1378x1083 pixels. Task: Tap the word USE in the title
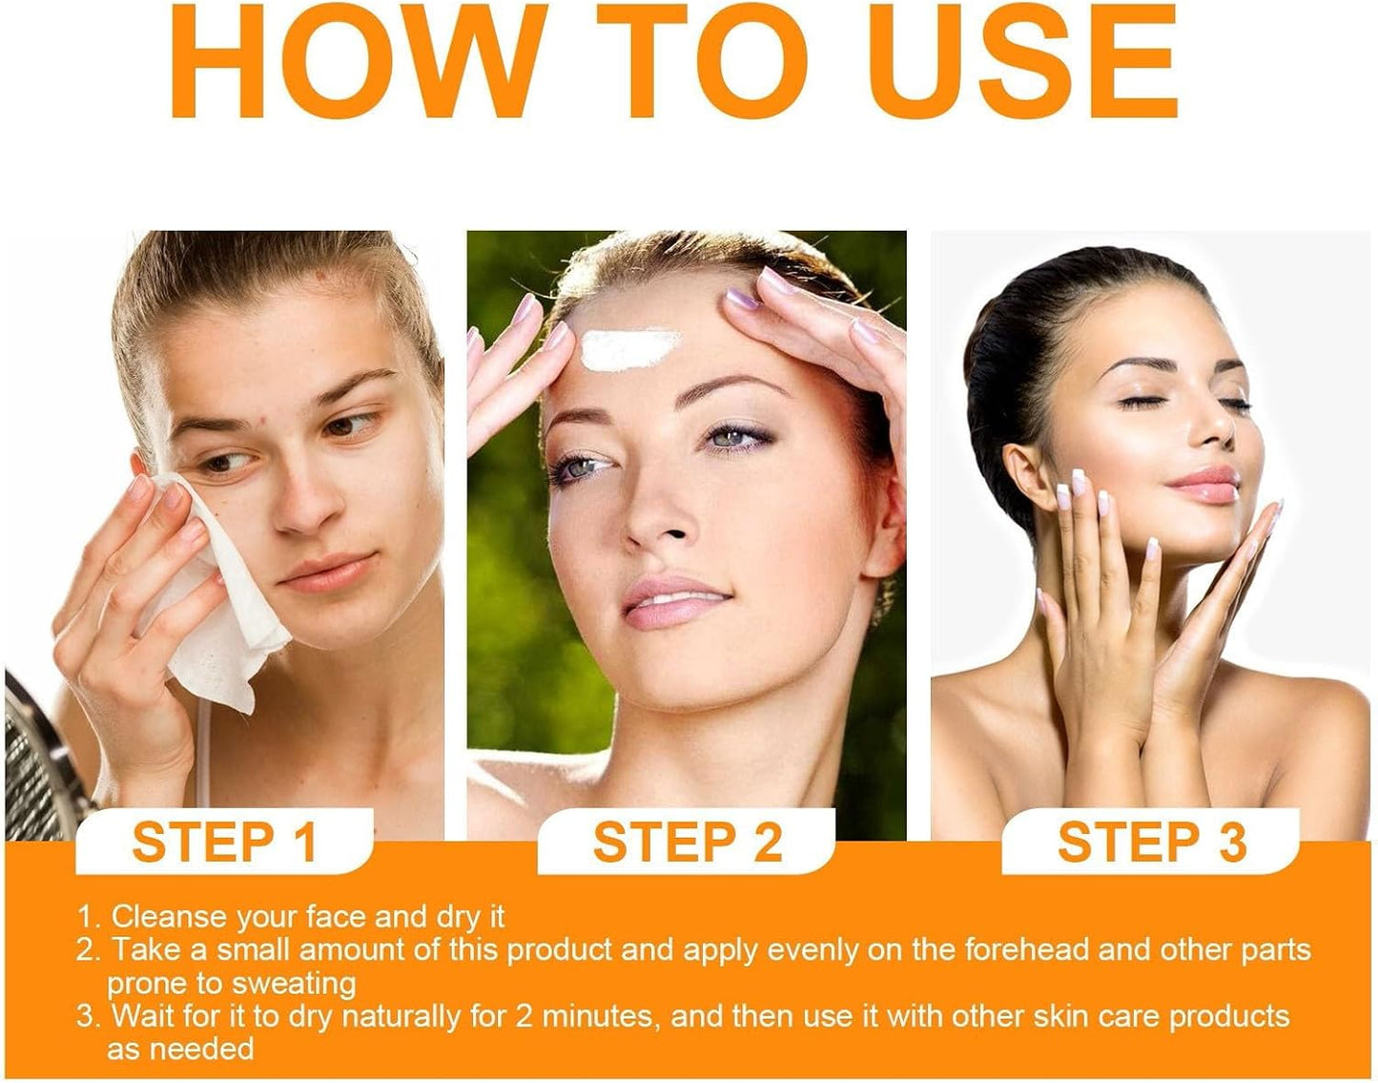(1022, 61)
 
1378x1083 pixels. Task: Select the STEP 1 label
(224, 842)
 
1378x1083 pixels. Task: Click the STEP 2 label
(688, 842)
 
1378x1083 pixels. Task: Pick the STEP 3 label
(1152, 842)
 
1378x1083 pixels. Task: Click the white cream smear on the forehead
(630, 349)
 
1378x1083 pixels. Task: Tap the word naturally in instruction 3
(401, 1017)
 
